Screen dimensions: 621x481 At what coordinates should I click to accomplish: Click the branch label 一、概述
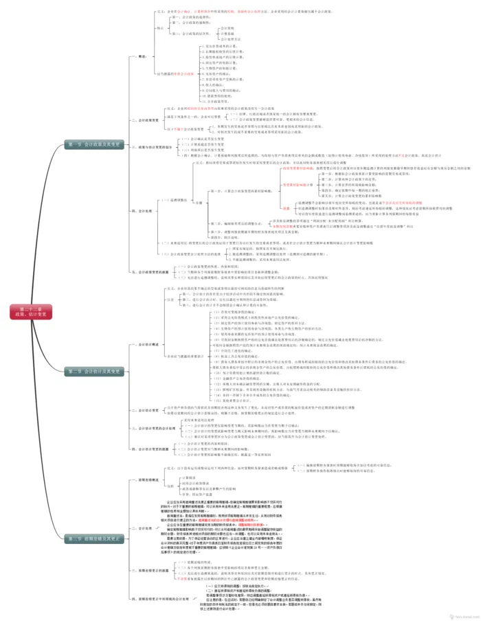click(x=142, y=56)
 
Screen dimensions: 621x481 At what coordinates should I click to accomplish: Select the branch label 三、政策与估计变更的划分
click(x=153, y=147)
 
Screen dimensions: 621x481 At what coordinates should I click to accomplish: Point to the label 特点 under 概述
click(x=159, y=27)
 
